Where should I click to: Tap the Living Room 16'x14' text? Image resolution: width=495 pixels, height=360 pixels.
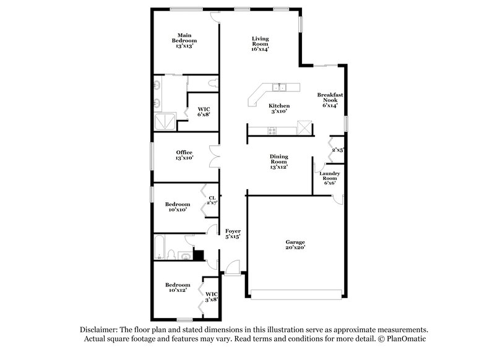click(x=260, y=43)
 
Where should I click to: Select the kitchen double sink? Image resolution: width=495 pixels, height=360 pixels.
click(x=280, y=87)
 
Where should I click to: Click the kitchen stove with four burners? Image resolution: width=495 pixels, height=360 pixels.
click(x=270, y=129)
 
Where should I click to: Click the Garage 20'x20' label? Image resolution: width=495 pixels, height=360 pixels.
click(x=295, y=244)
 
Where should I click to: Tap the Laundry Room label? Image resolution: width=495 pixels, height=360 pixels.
click(x=329, y=178)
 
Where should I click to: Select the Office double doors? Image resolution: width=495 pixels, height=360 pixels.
click(x=213, y=156)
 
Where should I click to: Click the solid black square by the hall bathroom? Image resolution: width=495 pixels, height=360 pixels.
click(x=199, y=254)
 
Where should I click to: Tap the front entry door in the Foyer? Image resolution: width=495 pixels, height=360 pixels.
click(x=231, y=267)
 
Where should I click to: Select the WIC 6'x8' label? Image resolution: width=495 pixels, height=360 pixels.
click(x=204, y=111)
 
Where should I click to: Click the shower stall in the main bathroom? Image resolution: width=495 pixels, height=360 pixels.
click(x=165, y=121)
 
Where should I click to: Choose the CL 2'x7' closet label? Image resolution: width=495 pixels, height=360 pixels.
click(x=212, y=200)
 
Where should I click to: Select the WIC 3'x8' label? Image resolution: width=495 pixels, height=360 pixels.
click(x=212, y=297)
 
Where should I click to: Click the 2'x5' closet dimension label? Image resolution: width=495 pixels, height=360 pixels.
click(x=337, y=149)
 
